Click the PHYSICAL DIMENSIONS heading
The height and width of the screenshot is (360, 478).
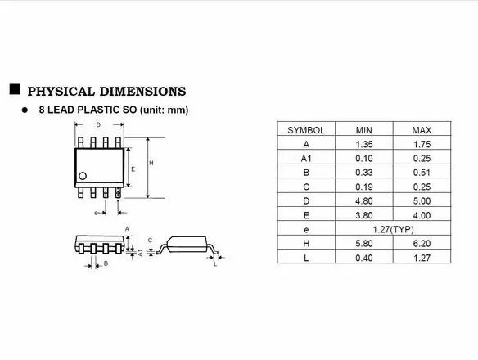tap(106, 91)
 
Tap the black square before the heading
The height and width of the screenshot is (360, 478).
tap(15, 89)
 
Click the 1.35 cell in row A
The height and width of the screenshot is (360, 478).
tap(363, 144)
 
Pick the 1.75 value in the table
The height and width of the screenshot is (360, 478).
tap(422, 144)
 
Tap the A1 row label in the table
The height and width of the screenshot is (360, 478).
tap(305, 158)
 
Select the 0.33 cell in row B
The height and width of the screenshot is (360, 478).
tap(363, 172)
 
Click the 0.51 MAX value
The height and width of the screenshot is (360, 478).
tap(422, 172)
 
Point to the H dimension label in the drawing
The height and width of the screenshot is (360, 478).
tap(151, 163)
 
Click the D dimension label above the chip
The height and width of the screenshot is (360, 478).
tap(98, 125)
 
